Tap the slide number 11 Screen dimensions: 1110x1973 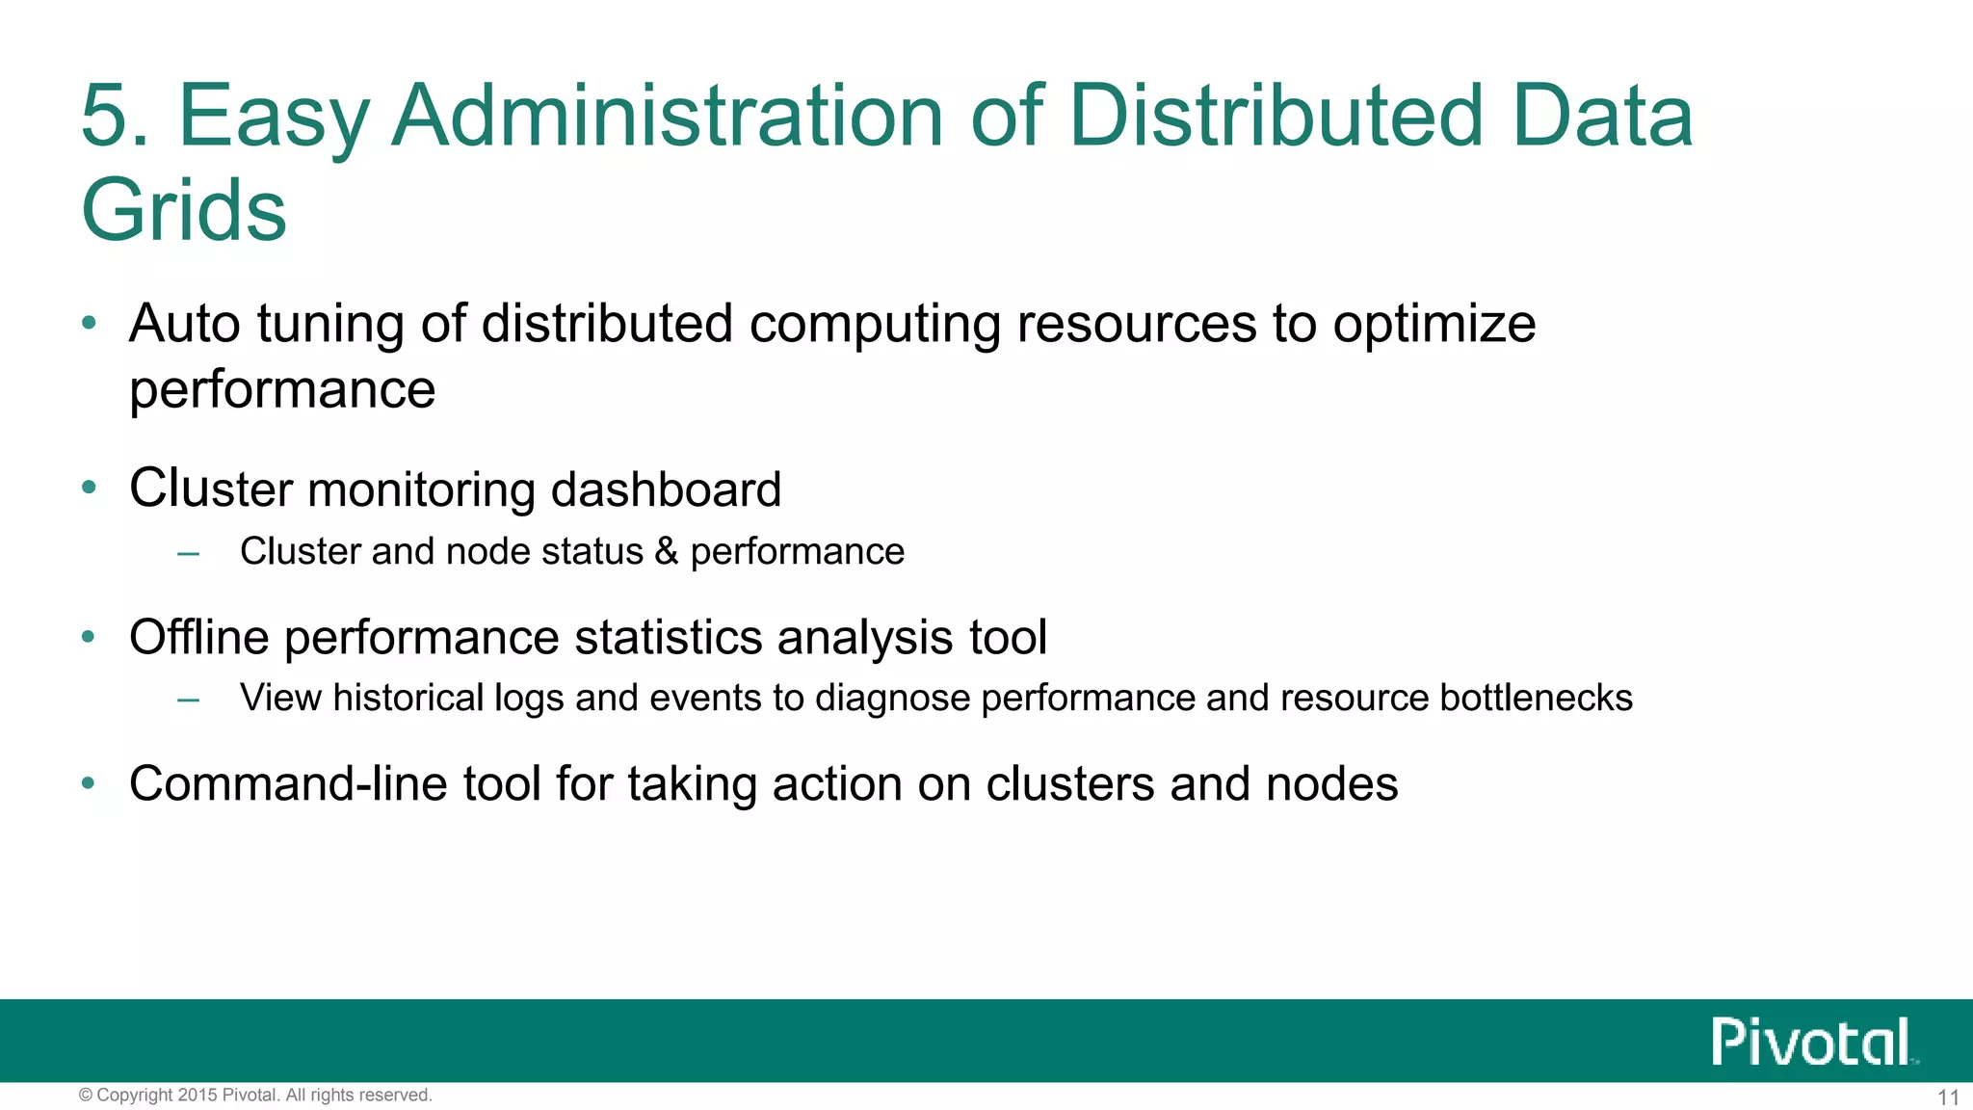coord(1948,1097)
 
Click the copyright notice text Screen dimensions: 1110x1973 coord(255,1096)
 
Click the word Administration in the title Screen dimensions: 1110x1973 coord(668,116)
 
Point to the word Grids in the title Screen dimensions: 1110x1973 coord(184,210)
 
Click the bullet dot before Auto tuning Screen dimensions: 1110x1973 coord(90,324)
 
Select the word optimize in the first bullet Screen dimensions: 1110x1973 coord(1434,324)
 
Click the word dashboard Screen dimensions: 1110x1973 coord(666,489)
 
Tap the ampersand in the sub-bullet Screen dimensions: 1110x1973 coord(666,552)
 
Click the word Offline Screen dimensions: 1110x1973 coord(199,638)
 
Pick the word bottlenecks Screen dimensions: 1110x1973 coord(1536,698)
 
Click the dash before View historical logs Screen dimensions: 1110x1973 coord(189,700)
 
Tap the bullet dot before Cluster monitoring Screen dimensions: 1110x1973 coord(90,489)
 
